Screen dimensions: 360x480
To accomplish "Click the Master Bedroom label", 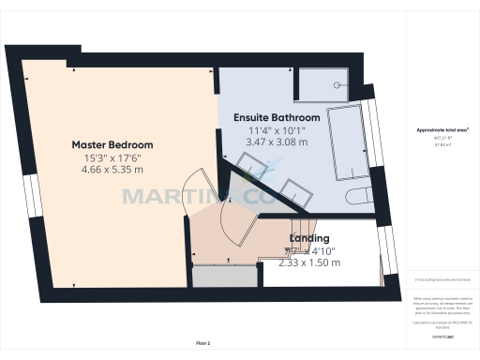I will [112, 144].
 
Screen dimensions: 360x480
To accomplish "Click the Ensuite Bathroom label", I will [277, 118].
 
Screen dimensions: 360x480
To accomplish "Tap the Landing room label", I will [308, 238].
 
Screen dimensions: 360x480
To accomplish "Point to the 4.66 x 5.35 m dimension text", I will [112, 171].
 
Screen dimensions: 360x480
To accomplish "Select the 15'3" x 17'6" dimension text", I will [112, 157].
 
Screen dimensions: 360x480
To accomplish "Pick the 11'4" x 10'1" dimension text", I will [277, 131].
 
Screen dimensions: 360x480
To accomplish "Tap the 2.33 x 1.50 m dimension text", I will [309, 263].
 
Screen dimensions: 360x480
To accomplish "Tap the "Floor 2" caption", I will [202, 343].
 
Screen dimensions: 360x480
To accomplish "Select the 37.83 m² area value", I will [442, 144].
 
